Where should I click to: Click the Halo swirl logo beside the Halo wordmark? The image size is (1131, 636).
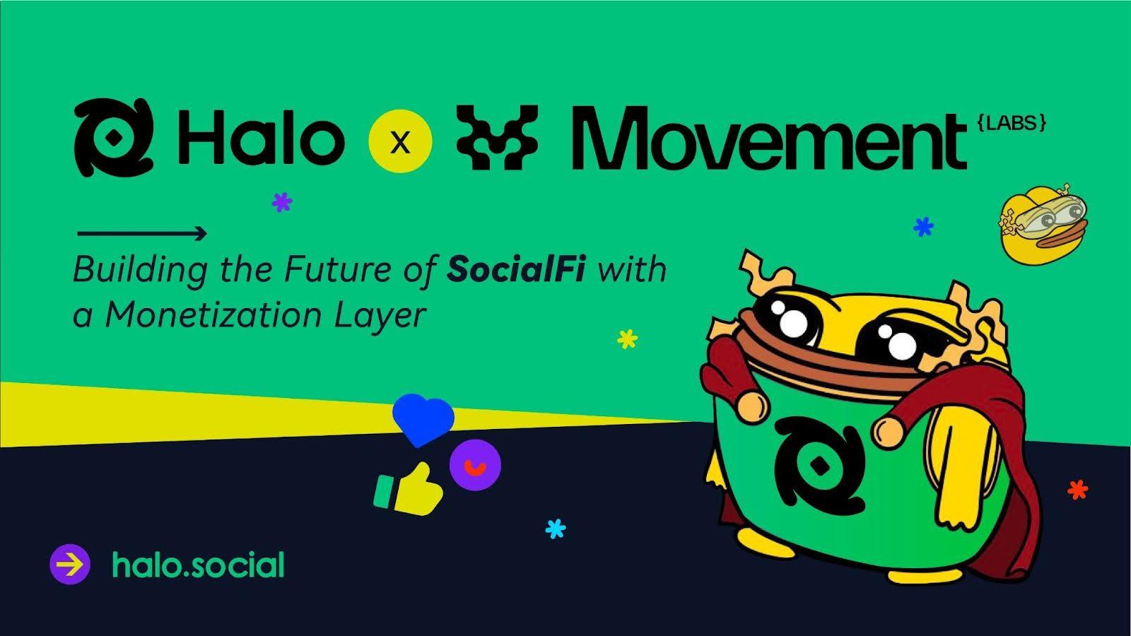pyautogui.click(x=114, y=137)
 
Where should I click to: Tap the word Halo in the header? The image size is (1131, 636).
pyautogui.click(x=261, y=137)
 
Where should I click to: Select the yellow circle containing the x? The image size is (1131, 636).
pyautogui.click(x=400, y=141)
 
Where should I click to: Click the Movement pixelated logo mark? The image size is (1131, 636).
pyautogui.click(x=497, y=137)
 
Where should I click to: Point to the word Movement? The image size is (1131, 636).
pyautogui.click(x=768, y=137)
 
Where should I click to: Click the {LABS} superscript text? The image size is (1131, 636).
pyautogui.click(x=1012, y=123)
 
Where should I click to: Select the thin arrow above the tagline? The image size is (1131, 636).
pyautogui.click(x=142, y=233)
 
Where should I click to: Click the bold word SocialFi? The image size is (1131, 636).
pyautogui.click(x=515, y=269)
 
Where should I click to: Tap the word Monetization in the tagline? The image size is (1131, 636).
pyautogui.click(x=213, y=315)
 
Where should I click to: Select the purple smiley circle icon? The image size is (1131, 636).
pyautogui.click(x=475, y=465)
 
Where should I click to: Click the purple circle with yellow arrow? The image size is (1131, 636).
pyautogui.click(x=70, y=565)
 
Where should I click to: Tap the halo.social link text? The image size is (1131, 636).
pyautogui.click(x=199, y=565)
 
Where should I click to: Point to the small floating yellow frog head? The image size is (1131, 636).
pyautogui.click(x=1043, y=225)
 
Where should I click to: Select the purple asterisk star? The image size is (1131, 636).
pyautogui.click(x=282, y=202)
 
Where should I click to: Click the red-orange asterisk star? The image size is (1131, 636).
pyautogui.click(x=1077, y=490)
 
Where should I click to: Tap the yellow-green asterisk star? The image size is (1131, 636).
pyautogui.click(x=628, y=338)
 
